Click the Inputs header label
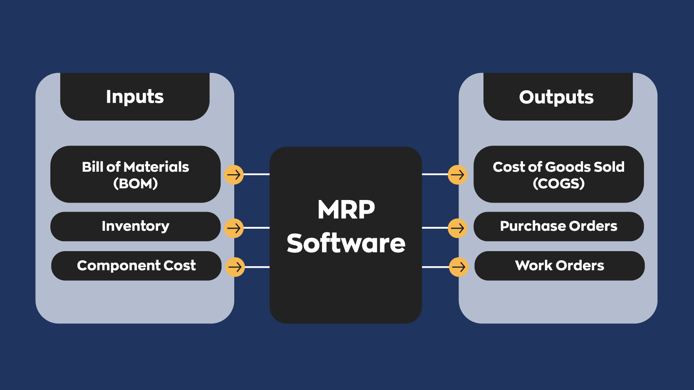pos(135,97)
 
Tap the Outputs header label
pos(557,97)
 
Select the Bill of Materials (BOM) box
pos(135,174)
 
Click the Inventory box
pos(135,227)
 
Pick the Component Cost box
pos(136,266)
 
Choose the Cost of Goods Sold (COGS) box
pos(558,174)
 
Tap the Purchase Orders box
pos(558,227)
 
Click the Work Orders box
pos(559,266)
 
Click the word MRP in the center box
pos(346,210)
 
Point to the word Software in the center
pos(346,243)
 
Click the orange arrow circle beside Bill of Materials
pos(234,175)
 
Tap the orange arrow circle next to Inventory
pos(234,228)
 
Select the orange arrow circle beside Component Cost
pos(235,267)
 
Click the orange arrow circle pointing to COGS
pos(458,175)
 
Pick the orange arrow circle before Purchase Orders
pos(458,228)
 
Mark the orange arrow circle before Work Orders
pos(459,267)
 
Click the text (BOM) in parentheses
pos(136,183)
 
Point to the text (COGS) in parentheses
pos(559,183)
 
